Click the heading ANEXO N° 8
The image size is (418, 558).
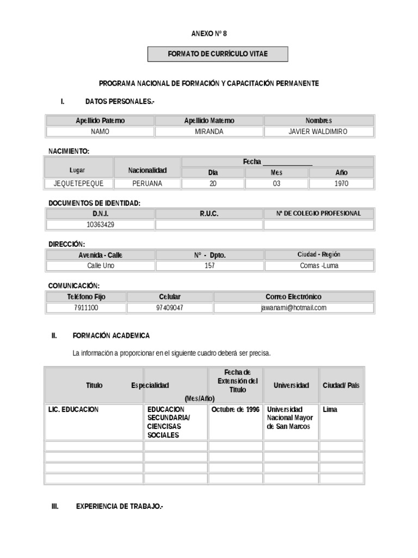(209, 34)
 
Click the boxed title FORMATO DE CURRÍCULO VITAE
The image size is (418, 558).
(218, 54)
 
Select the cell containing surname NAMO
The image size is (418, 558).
(100, 132)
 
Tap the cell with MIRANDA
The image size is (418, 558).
(209, 132)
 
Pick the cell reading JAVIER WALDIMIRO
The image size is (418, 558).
(318, 132)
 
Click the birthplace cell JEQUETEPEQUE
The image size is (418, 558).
(78, 184)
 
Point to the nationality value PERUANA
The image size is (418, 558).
(147, 184)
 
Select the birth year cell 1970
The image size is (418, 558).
(341, 184)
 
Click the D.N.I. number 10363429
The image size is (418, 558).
(100, 225)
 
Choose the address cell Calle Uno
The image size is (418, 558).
(101, 266)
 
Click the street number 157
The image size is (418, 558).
(210, 266)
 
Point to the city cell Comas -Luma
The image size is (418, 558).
(319, 266)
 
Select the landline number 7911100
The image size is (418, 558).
(86, 308)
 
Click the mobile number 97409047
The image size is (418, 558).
(169, 308)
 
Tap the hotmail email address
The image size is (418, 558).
(293, 308)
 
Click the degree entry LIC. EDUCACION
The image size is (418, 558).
(73, 410)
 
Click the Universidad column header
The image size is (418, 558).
(291, 385)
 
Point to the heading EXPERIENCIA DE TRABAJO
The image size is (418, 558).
(119, 507)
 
